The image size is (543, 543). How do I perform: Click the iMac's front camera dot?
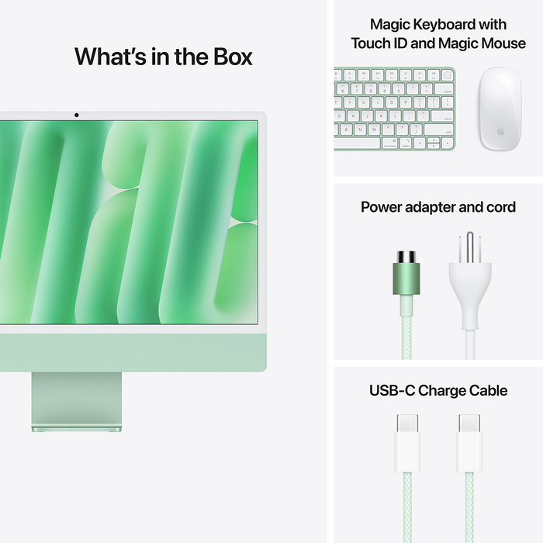[x=76, y=116]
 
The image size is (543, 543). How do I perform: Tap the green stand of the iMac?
[x=76, y=399]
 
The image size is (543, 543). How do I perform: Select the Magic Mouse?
[x=498, y=109]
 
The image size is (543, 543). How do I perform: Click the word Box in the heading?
[x=228, y=57]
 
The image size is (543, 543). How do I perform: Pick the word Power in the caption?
[x=380, y=207]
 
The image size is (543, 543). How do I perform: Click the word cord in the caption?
[x=500, y=207]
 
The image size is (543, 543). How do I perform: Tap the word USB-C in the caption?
[x=392, y=390]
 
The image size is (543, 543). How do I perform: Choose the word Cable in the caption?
[x=489, y=390]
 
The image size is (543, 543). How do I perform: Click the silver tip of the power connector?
[x=406, y=257]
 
